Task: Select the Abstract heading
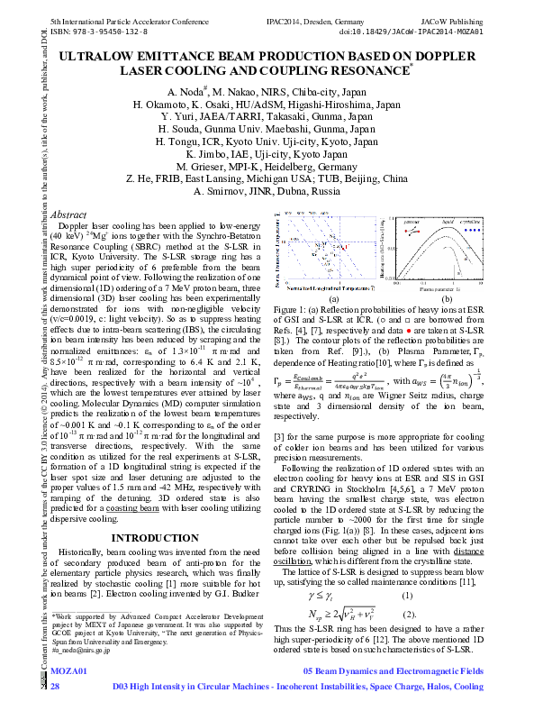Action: click(71, 214)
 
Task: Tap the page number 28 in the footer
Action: click(55, 687)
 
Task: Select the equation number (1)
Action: click(407, 596)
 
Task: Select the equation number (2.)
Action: click(409, 615)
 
